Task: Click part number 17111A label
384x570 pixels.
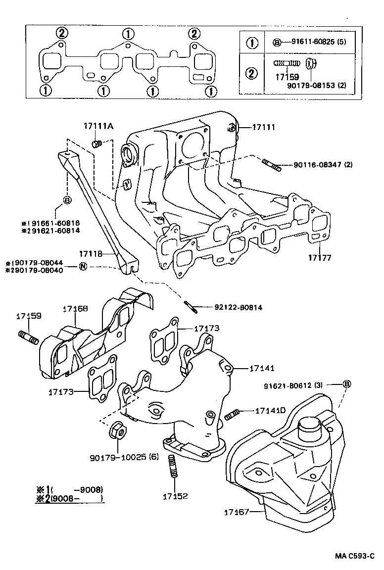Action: [x=98, y=127]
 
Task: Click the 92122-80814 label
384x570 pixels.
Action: [x=238, y=307]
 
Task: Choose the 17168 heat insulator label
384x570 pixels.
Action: [x=75, y=309]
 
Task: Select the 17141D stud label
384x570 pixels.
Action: [x=271, y=410]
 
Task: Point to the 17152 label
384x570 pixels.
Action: [x=176, y=495]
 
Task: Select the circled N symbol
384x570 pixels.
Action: [x=83, y=267]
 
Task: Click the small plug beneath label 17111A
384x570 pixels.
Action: [x=97, y=143]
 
